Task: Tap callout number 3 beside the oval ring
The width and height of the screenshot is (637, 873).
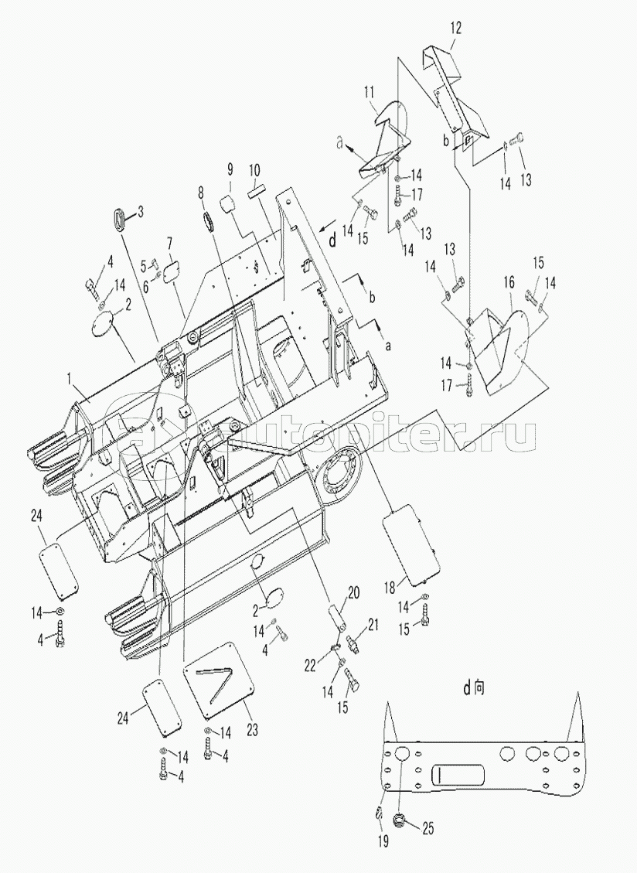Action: point(141,212)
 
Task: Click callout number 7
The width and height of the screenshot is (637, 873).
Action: point(170,243)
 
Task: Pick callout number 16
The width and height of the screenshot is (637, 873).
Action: point(509,282)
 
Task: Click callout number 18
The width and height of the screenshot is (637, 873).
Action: point(390,586)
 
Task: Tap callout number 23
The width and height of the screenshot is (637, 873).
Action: point(252,729)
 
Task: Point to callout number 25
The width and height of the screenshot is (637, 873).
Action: point(427,828)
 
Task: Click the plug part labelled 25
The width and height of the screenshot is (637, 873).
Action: point(399,820)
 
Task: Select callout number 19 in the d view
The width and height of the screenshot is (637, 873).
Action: point(383,841)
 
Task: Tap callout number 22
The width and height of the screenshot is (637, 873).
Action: point(310,664)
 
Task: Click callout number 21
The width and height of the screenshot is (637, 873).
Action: point(373,625)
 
